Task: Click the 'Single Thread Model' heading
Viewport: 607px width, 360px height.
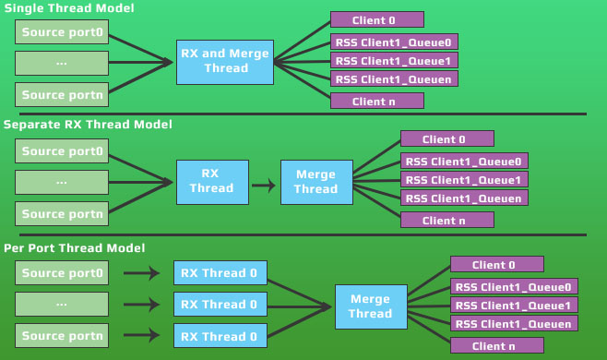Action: click(68, 8)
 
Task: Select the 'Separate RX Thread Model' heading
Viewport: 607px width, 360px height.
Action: click(88, 124)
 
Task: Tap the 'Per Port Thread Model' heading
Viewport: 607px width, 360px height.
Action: click(74, 248)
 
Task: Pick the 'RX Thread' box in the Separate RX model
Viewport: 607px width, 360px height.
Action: click(211, 182)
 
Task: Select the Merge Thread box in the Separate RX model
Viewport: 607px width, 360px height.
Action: click(316, 182)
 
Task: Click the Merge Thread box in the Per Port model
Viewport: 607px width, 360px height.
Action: click(370, 306)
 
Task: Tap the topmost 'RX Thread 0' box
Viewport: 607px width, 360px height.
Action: click(220, 273)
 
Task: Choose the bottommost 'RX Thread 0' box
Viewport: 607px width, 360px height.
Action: click(220, 334)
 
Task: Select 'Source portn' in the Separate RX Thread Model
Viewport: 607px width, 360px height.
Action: click(62, 213)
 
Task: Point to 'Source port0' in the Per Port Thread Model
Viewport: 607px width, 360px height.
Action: click(62, 273)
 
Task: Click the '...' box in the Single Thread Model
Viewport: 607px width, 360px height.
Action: click(62, 63)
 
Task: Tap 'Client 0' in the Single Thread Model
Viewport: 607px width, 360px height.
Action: click(376, 19)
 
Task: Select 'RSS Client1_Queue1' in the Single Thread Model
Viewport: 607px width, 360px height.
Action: click(394, 61)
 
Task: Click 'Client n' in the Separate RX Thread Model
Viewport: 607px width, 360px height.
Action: click(446, 220)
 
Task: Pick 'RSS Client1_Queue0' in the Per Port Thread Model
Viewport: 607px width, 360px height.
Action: click(514, 286)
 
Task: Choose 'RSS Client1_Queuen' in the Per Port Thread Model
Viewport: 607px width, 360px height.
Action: click(514, 323)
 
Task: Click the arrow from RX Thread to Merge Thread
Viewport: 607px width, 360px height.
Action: click(264, 186)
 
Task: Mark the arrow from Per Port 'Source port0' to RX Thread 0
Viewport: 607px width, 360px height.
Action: click(140, 273)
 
